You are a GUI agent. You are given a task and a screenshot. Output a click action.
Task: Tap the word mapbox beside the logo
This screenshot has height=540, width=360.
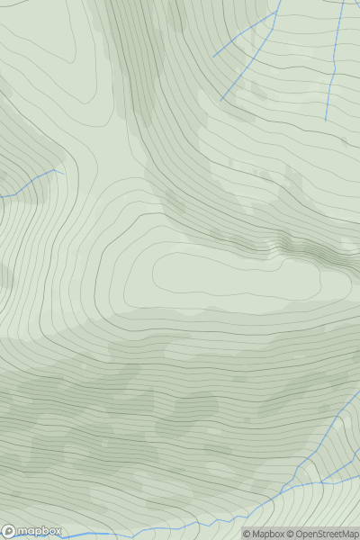pos(38,530)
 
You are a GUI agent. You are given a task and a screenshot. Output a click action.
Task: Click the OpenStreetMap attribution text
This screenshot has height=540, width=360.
pos(327,535)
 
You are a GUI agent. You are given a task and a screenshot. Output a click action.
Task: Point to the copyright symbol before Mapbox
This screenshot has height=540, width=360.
pos(247,535)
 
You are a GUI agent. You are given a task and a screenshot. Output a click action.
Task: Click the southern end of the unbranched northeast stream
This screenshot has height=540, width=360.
pos(326,121)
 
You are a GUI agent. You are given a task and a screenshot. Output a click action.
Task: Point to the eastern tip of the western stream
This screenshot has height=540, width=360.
pos(62,170)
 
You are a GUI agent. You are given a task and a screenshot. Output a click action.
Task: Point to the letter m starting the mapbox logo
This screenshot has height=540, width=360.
pos(23,530)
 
